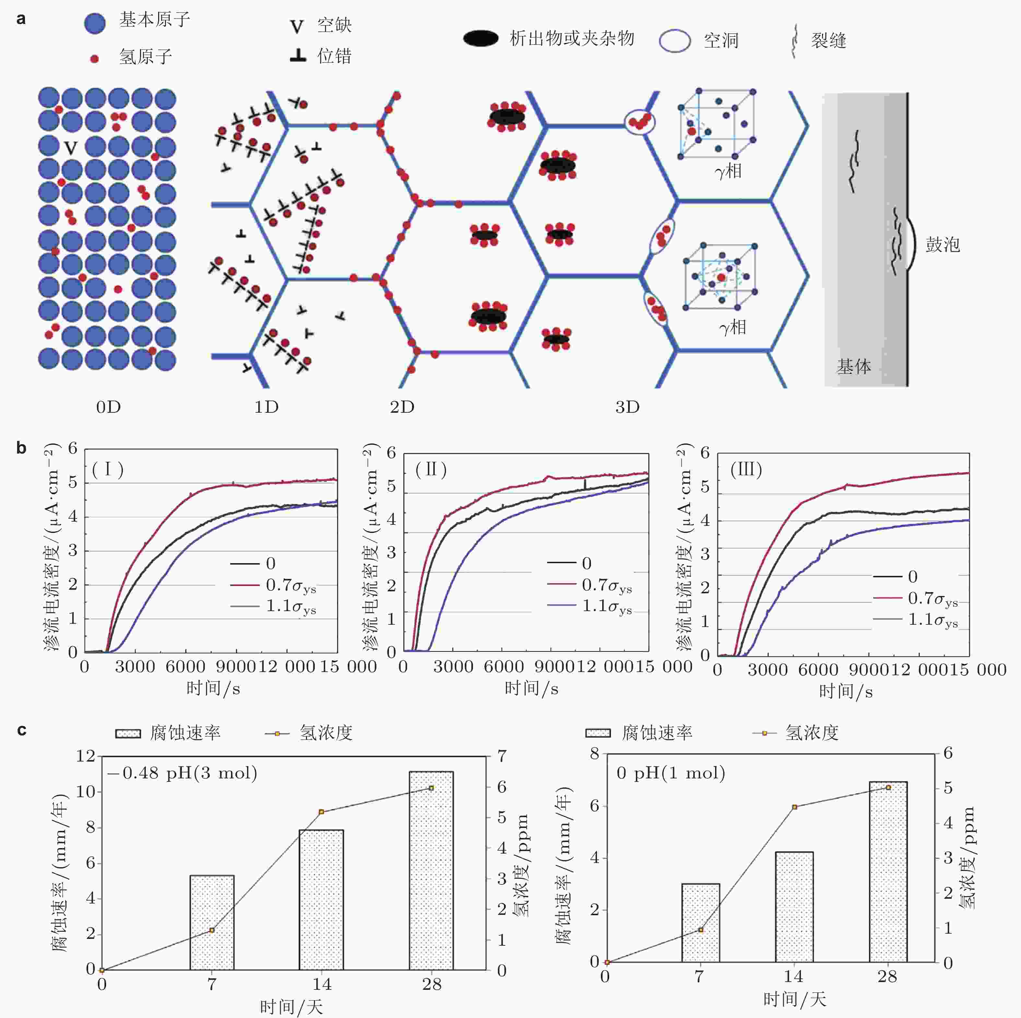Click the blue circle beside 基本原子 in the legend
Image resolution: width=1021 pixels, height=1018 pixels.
click(95, 23)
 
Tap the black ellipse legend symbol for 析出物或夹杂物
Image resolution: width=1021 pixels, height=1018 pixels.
click(480, 38)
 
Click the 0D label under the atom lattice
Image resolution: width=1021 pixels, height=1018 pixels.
click(108, 407)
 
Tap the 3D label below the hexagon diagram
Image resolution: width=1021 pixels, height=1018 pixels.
click(627, 407)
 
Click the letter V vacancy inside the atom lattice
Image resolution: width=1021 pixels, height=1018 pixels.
click(71, 148)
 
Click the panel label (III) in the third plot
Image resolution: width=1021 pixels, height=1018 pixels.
click(746, 469)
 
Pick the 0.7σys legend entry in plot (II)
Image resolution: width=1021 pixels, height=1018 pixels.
click(606, 585)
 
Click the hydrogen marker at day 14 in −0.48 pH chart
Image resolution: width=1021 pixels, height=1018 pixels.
click(321, 811)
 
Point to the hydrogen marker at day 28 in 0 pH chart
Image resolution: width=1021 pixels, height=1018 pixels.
click(888, 787)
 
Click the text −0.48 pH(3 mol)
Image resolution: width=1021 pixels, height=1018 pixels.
click(182, 773)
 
